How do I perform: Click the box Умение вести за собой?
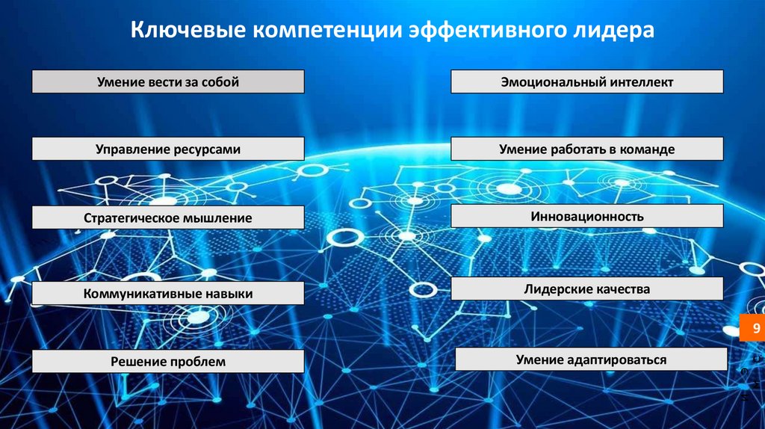168,81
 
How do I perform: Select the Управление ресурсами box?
168,149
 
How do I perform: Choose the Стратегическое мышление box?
168,218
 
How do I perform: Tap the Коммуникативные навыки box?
168,294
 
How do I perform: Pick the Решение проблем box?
168,362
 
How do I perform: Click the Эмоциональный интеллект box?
587,81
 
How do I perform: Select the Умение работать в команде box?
587,149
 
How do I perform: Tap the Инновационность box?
587,217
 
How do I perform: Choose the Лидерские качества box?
587,288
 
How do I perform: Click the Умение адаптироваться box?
591,359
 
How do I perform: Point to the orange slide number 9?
752,329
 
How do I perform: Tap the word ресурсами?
207,149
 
